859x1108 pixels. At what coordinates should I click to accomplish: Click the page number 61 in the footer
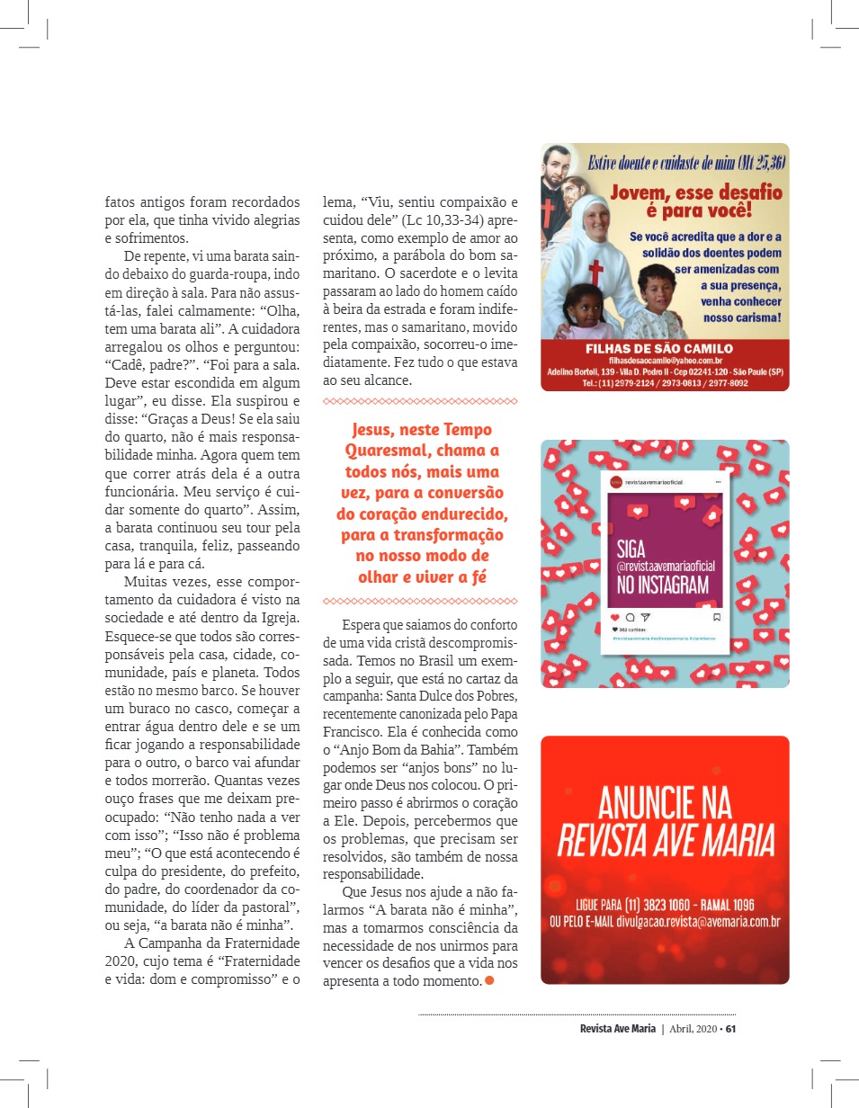(731, 1030)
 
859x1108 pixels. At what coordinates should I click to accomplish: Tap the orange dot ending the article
(489, 981)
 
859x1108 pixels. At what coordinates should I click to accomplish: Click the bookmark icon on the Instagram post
(717, 617)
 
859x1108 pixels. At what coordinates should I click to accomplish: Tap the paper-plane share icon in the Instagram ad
(645, 617)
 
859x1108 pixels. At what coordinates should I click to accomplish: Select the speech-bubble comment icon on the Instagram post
(630, 617)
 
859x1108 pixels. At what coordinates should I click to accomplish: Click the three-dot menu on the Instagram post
(718, 482)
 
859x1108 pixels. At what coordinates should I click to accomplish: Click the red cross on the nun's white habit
(595, 273)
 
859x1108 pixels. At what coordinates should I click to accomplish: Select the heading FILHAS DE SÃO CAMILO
(659, 349)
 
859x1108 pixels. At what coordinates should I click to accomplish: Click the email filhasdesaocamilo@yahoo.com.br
(660, 360)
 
